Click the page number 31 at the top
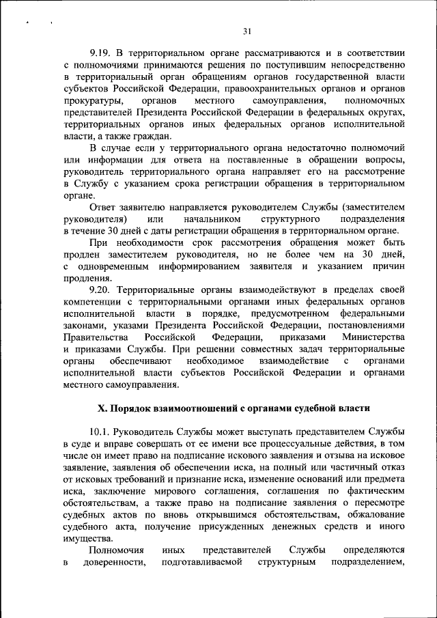pyautogui.click(x=247, y=30)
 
